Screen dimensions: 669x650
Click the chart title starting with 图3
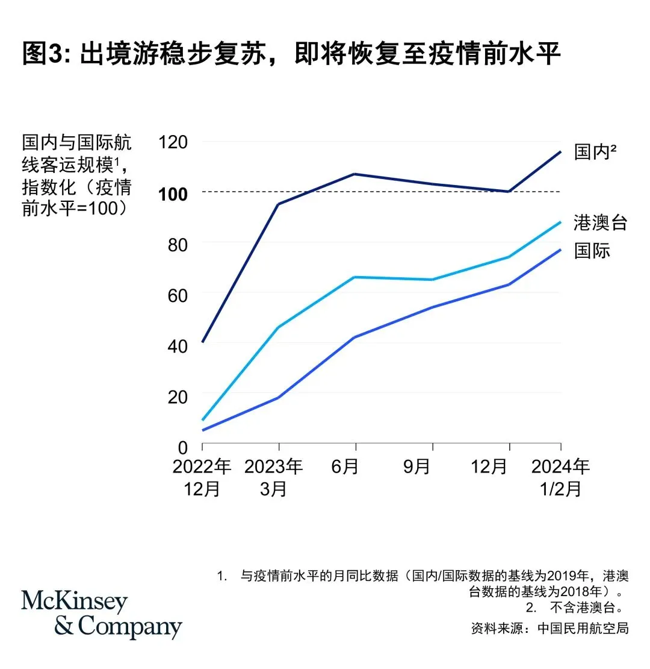[291, 54]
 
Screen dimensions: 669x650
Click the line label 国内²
[595, 152]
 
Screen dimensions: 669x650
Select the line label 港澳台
[600, 222]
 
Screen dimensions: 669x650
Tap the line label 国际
[592, 250]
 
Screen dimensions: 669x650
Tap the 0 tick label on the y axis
[182, 447]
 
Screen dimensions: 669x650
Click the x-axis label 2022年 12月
[202, 477]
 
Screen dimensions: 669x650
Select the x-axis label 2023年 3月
[274, 477]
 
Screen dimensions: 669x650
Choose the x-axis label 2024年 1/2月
[561, 477]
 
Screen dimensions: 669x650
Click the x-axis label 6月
[344, 466]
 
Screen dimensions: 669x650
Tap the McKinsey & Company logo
[101, 614]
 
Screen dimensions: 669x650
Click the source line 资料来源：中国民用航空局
[549, 628]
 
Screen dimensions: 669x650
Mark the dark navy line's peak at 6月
[355, 174]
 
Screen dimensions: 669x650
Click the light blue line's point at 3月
[279, 327]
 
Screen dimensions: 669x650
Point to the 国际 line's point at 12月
[510, 284]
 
